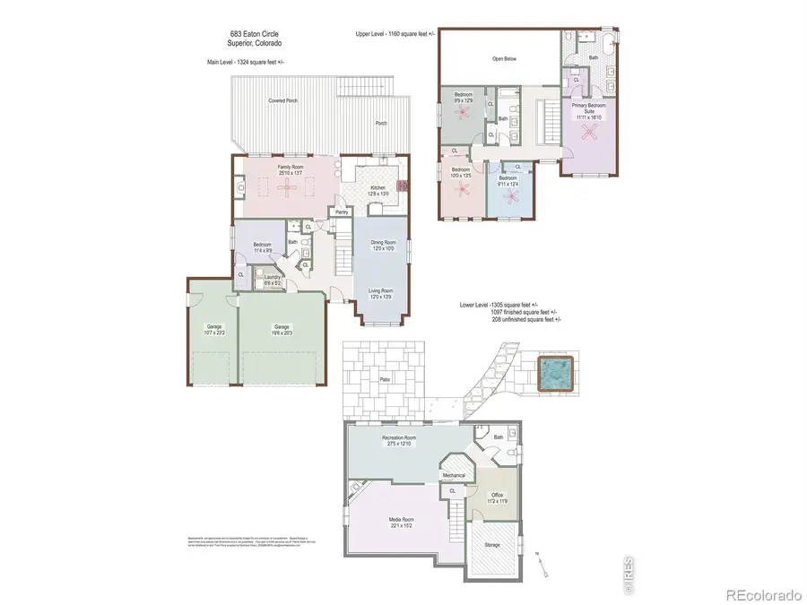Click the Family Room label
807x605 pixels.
[x=290, y=169]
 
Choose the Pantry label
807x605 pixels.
[x=342, y=212]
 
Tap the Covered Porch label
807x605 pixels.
[x=283, y=101]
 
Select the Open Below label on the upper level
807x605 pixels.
[x=505, y=59]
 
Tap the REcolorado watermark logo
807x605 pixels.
[x=761, y=592]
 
